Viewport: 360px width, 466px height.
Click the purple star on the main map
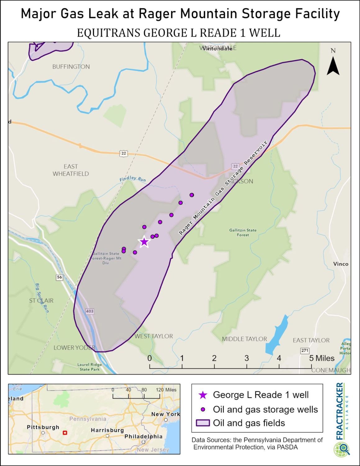(x=144, y=242)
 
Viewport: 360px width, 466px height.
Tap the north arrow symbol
(x=333, y=66)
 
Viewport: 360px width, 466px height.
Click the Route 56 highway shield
(x=60, y=277)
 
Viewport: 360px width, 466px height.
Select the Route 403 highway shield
(x=89, y=311)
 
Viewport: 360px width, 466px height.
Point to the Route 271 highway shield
(x=305, y=350)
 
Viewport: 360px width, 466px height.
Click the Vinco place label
(x=341, y=264)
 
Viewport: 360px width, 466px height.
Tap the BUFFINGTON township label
(x=71, y=66)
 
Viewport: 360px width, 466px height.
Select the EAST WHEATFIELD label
(x=71, y=170)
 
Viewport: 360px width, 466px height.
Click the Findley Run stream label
(x=133, y=179)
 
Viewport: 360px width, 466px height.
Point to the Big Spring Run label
(x=42, y=298)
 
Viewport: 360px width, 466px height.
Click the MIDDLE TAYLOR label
(x=244, y=339)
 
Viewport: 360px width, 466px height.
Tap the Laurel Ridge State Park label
(x=89, y=367)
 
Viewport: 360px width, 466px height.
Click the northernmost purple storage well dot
(x=192, y=195)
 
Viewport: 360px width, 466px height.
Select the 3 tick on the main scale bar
(x=247, y=358)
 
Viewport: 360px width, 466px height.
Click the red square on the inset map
(x=65, y=432)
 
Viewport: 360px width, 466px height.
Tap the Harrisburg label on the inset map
(x=107, y=430)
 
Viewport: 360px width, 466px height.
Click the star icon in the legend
(x=203, y=395)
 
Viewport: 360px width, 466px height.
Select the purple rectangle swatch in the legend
(x=203, y=423)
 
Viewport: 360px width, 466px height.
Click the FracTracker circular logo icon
(x=342, y=450)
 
